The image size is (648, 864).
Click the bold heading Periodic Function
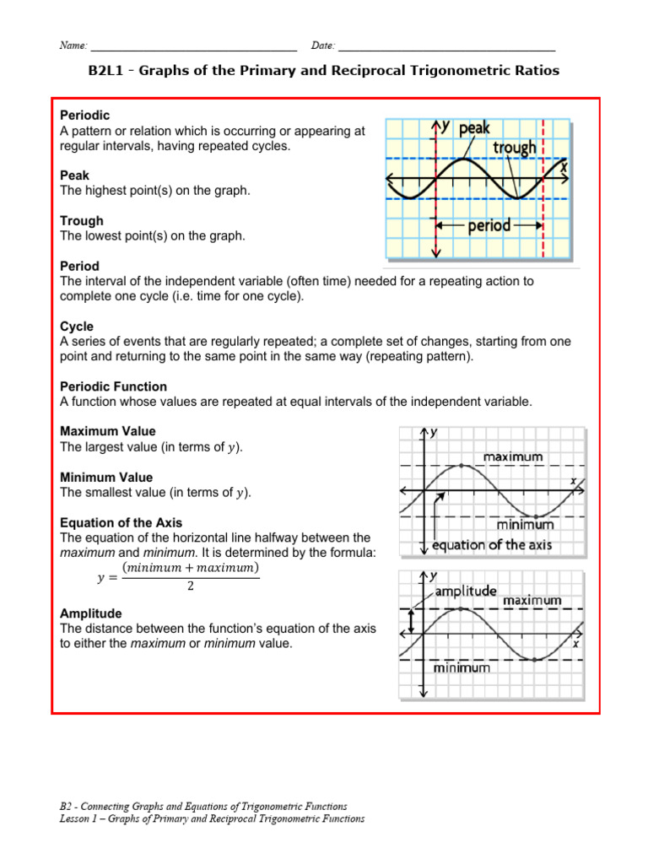(113, 386)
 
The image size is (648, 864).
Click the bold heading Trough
(82, 221)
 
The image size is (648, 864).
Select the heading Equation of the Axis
(121, 522)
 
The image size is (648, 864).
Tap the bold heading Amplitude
(90, 613)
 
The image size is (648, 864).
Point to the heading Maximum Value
(107, 431)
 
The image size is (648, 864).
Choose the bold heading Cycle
(77, 327)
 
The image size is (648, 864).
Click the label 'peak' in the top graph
(473, 128)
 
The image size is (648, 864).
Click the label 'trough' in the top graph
(514, 148)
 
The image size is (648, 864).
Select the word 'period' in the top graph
(489, 226)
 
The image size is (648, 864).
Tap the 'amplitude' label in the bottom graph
(467, 591)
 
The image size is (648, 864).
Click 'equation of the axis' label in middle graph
(492, 545)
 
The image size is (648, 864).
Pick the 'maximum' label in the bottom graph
(532, 601)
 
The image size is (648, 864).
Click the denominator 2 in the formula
(190, 587)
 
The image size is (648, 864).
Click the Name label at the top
(73, 45)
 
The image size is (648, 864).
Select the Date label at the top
(323, 45)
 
